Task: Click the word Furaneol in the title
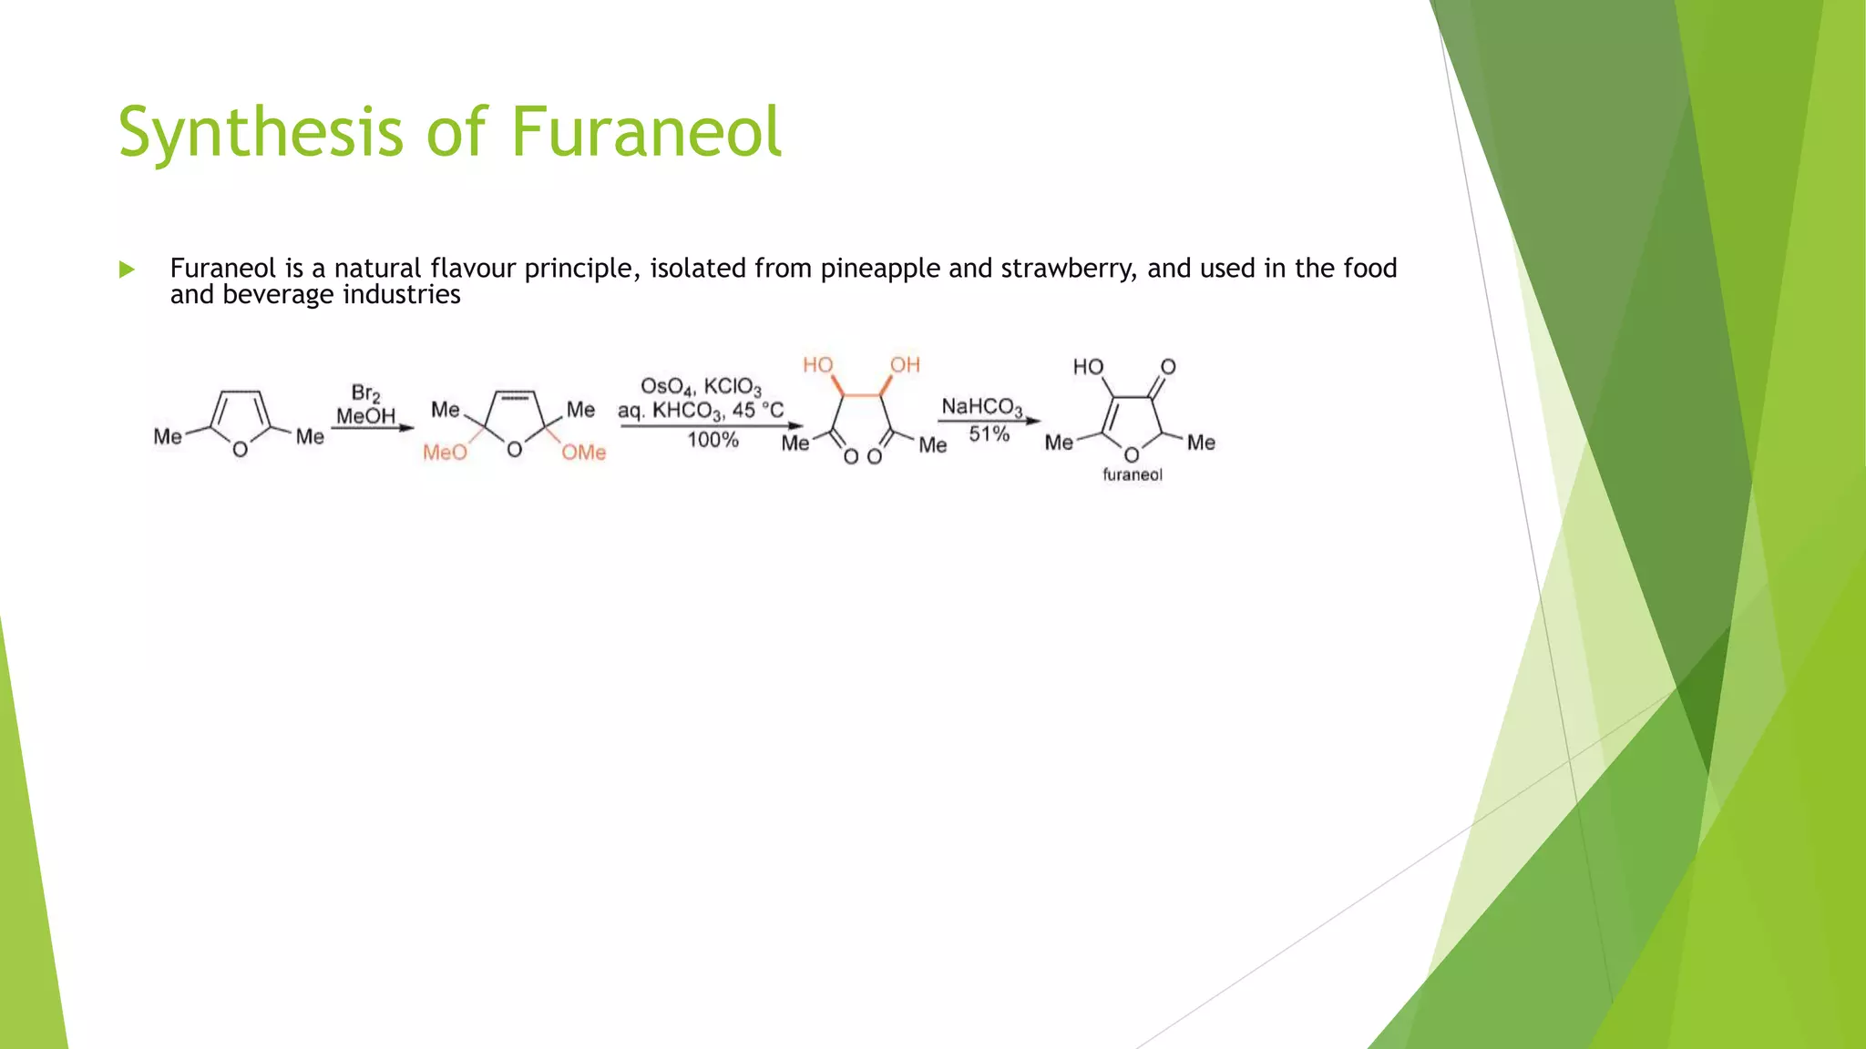645,132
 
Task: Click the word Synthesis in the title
260,132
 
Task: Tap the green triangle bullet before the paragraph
127,270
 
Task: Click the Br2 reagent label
365,393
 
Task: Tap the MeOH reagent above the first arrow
365,416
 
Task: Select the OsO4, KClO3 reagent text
701,388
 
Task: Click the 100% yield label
713,441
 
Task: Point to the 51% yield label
989,434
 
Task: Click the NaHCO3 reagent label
981,407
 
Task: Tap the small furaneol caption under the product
1133,474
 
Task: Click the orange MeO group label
445,453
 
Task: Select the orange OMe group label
583,453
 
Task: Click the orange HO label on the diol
817,365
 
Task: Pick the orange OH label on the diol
905,365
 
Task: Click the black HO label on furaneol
1088,367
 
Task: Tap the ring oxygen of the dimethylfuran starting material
240,450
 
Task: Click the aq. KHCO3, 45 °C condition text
701,411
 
